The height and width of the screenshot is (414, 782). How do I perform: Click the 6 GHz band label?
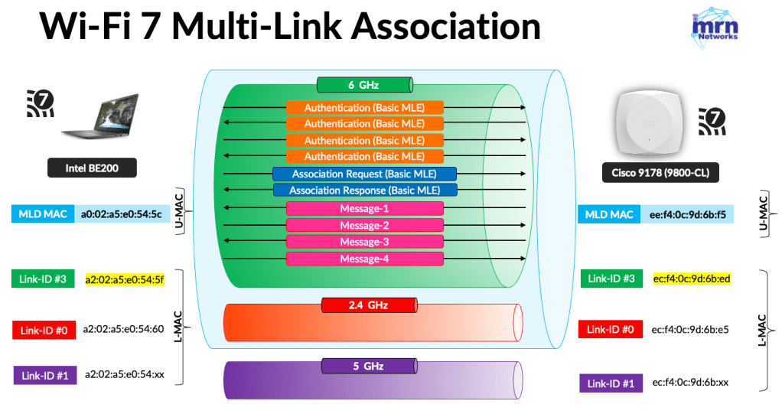364,84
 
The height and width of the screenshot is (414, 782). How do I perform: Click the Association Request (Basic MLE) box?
364,174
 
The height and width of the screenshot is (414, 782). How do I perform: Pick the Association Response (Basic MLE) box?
364,190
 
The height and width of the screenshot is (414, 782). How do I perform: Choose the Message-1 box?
364,208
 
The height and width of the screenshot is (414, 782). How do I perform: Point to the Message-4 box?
364,259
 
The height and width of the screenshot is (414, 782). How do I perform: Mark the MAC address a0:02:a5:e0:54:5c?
122,214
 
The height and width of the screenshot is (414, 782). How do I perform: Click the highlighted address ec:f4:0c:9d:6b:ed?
691,279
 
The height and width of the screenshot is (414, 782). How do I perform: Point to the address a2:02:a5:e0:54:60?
122,330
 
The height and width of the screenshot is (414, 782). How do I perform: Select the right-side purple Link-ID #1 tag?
611,383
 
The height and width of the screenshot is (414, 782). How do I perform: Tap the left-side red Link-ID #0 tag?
43,331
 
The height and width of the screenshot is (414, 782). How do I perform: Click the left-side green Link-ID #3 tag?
43,279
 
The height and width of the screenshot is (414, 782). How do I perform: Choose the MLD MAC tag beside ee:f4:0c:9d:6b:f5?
610,214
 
